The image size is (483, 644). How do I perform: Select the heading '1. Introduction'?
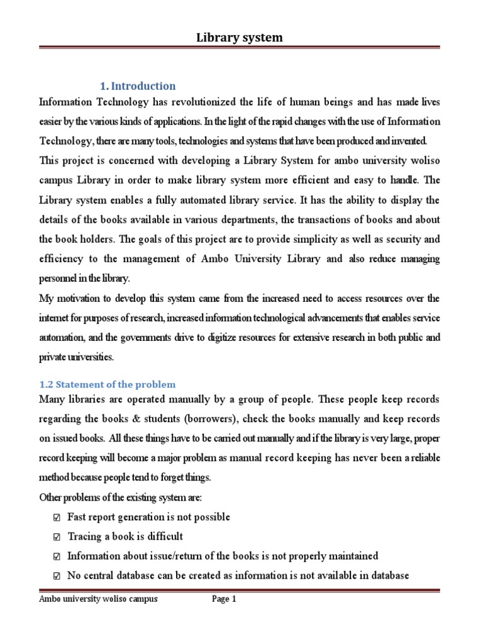(138, 86)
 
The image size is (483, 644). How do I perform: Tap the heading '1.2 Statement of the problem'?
(107, 384)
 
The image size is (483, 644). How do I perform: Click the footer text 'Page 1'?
(224, 599)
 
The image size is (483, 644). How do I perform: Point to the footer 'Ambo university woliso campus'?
(98, 599)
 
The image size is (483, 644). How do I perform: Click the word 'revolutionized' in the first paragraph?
(203, 102)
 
